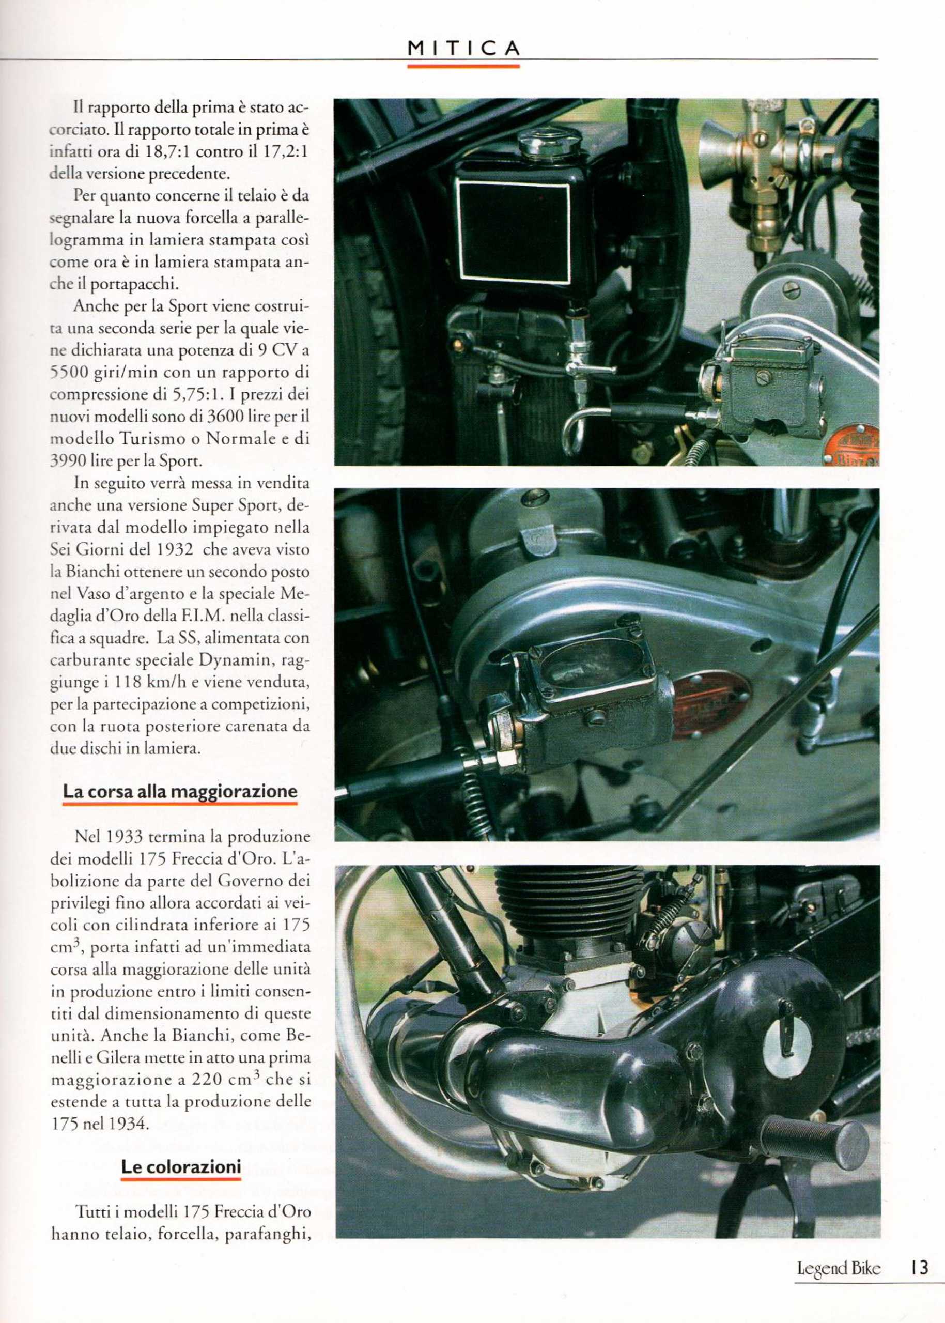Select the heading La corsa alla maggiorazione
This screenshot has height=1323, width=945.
[x=180, y=791]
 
